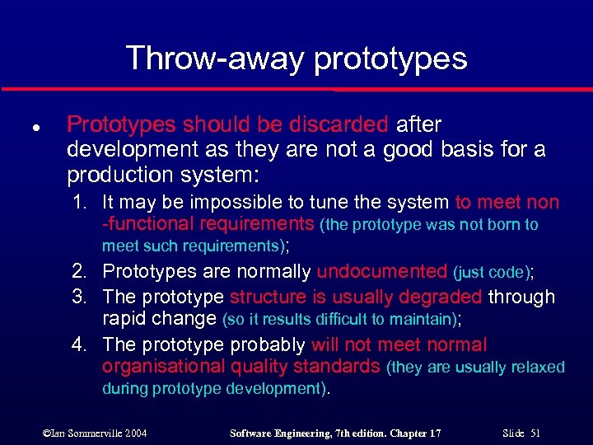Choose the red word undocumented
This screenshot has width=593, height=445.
pyautogui.click(x=381, y=272)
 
